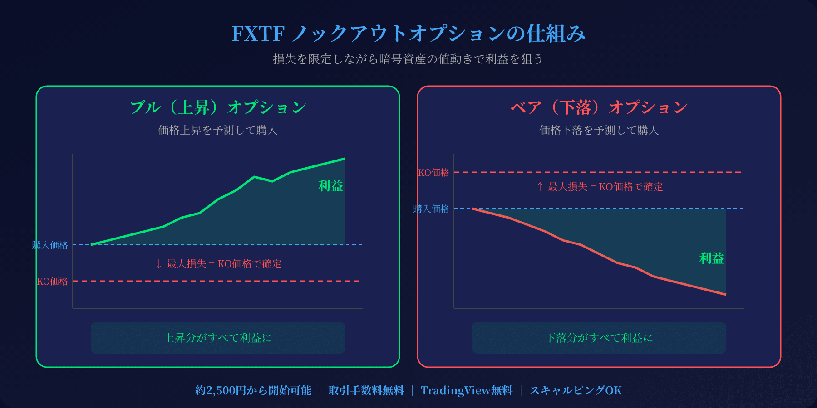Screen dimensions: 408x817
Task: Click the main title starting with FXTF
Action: click(408, 34)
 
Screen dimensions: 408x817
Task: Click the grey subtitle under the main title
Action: click(408, 59)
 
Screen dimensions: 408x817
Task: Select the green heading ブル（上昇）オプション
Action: click(218, 107)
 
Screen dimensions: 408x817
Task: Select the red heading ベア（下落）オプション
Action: click(599, 107)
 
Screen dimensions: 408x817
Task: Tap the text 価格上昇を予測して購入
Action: click(218, 131)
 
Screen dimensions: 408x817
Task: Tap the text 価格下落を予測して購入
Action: click(599, 131)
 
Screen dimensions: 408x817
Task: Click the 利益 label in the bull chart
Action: click(330, 186)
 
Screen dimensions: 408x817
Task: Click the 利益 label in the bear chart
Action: click(712, 258)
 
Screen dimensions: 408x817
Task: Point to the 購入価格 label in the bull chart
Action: click(50, 245)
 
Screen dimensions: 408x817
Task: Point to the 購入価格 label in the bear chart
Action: click(431, 209)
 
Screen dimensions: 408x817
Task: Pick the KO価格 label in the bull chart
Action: click(53, 282)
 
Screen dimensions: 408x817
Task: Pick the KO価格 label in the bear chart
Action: click(433, 173)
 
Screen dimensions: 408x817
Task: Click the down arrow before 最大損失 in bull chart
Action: click(158, 264)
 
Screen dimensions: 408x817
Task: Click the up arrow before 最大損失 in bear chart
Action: click(540, 187)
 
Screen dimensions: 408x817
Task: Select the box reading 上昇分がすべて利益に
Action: click(218, 338)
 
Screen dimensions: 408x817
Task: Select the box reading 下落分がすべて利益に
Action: click(599, 338)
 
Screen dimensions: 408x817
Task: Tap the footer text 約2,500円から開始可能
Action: click(253, 390)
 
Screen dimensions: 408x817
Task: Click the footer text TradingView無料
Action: click(467, 390)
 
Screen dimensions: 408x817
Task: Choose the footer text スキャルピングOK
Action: click(576, 390)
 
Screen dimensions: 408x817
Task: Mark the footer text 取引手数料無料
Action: click(366, 390)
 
